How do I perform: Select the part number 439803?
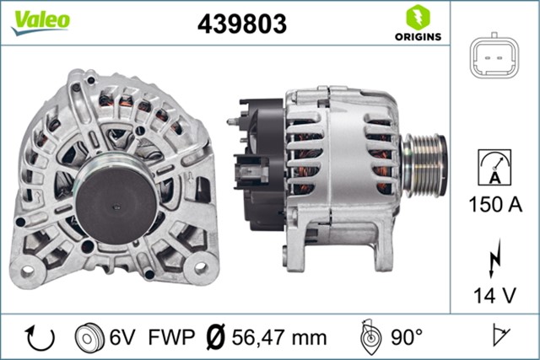tap(241, 24)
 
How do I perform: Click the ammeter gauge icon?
tap(494, 168)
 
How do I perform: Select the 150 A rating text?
tap(494, 204)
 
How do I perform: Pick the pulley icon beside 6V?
tap(88, 337)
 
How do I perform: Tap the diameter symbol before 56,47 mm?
tap(215, 338)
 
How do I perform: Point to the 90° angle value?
tap(406, 338)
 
